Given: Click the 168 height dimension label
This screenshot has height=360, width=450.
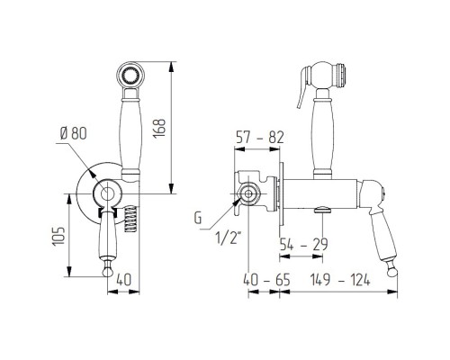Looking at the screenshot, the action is coord(159,128).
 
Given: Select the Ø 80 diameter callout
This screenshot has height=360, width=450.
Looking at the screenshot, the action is coord(74,133).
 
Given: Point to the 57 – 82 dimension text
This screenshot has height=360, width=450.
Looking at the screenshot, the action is coord(260,138).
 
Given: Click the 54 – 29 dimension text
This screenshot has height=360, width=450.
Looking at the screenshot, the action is coord(303,245).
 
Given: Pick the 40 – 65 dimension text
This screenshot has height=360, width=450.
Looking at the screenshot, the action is coord(266,280).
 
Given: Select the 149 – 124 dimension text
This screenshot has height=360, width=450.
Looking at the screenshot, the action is coord(340,280).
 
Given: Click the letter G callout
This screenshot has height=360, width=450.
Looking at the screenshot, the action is coord(198,218).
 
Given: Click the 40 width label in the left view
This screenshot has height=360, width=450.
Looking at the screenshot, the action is coord(123,280).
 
